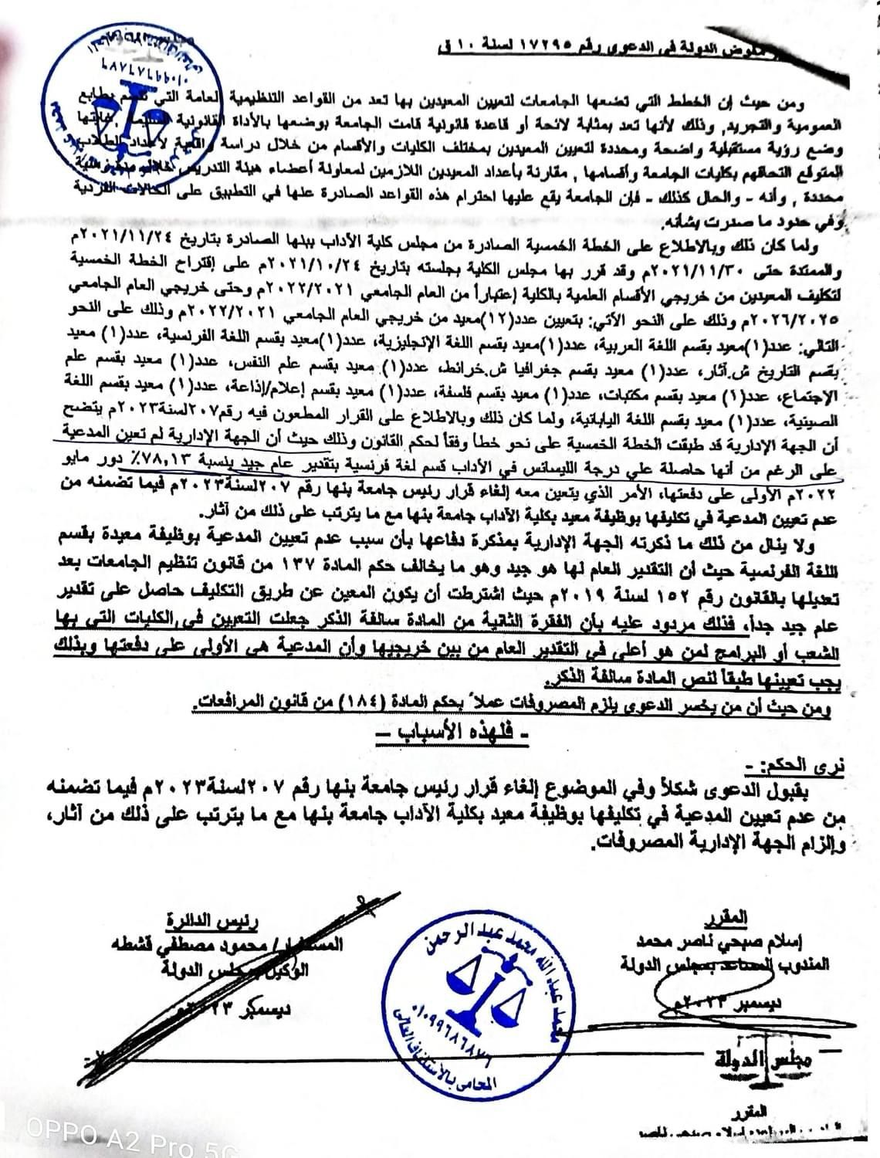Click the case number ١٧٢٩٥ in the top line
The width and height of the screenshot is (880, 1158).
[x=554, y=46]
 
